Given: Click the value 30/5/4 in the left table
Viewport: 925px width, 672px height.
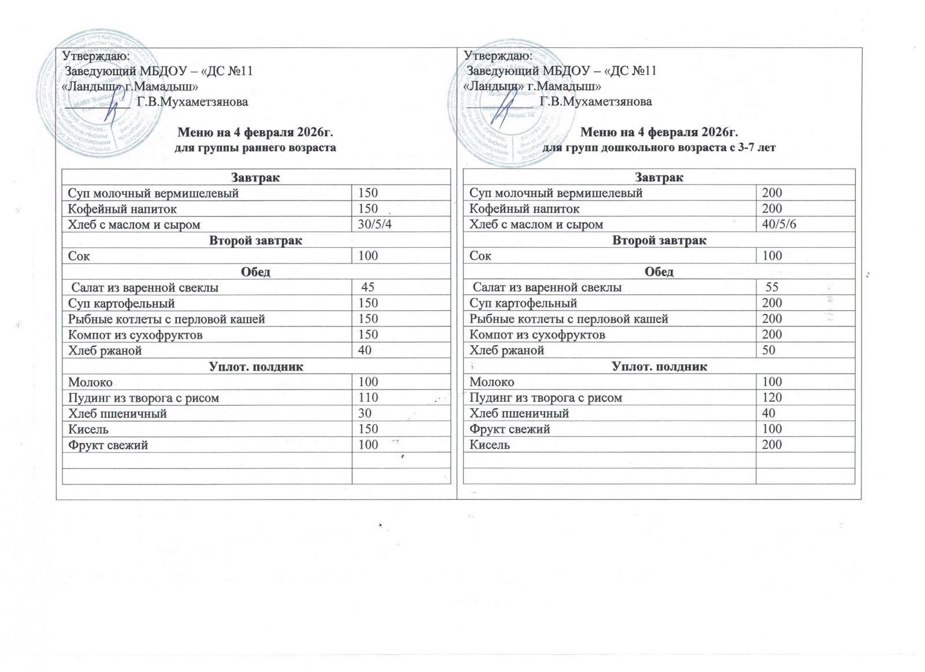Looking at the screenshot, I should click(x=375, y=225).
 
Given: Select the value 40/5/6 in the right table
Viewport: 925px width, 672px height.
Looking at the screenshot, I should click(x=779, y=225).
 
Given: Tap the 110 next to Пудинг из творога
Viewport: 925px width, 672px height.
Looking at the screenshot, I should click(x=368, y=398).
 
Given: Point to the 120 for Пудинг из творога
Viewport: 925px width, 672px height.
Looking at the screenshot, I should click(x=772, y=398).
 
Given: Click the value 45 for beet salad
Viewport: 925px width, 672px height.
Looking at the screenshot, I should click(x=368, y=287).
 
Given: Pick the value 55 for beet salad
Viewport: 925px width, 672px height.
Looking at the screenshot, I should click(x=772, y=287).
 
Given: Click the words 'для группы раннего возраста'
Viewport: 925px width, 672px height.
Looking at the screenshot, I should click(x=256, y=147).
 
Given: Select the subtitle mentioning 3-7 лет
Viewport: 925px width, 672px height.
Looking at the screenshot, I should click(x=659, y=147).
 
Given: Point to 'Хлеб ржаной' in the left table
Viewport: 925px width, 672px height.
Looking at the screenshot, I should click(x=105, y=351).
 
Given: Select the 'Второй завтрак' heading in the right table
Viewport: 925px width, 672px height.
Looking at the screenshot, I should click(x=659, y=240).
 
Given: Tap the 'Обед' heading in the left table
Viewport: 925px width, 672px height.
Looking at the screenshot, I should click(x=256, y=272).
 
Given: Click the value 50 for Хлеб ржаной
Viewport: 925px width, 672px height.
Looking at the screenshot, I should click(x=768, y=350).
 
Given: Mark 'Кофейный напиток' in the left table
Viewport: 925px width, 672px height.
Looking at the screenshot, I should click(x=123, y=209).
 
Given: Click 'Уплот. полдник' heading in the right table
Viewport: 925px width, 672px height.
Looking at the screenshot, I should click(x=659, y=366).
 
